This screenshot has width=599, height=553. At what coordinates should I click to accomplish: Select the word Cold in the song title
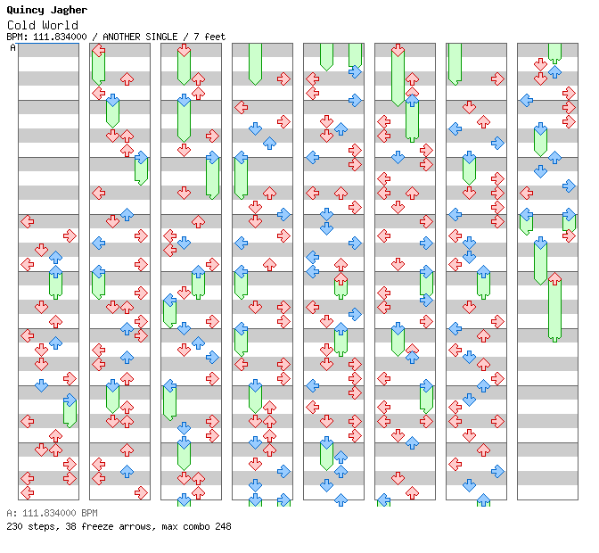[x=21, y=25]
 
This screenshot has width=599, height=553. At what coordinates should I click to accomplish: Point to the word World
[x=61, y=25]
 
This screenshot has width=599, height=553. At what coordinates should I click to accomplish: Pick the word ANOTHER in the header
[x=121, y=37]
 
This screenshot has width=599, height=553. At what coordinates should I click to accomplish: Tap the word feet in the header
[x=215, y=37]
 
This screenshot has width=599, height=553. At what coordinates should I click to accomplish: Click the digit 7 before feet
[x=196, y=37]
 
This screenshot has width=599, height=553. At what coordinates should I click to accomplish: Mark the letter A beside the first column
[x=13, y=47]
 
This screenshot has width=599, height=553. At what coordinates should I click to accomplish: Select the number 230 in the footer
[x=14, y=526]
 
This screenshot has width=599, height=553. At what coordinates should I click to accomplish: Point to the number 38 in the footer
[x=70, y=526]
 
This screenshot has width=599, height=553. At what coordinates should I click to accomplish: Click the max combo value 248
[x=223, y=526]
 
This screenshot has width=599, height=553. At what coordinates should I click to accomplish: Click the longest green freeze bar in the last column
[x=554, y=308]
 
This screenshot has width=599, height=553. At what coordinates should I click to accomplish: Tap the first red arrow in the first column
[x=28, y=221]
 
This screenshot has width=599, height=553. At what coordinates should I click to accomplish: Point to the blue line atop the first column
[x=48, y=44]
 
